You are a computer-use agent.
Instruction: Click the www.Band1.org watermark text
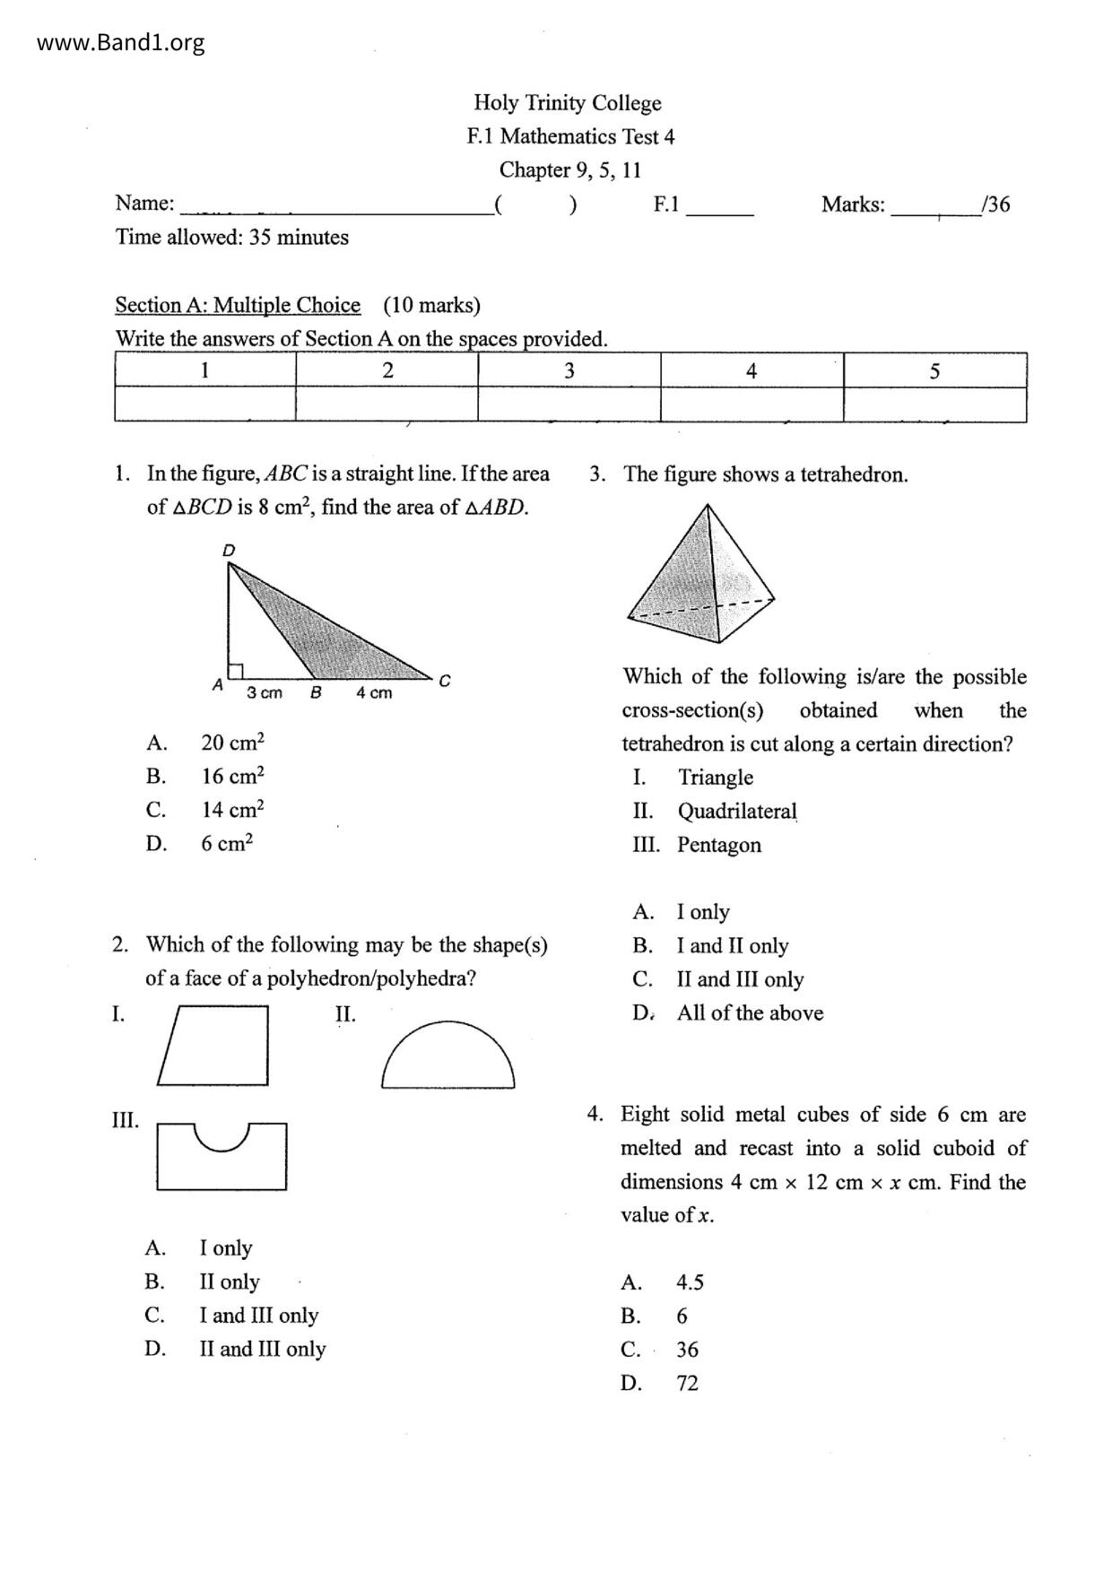coord(120,42)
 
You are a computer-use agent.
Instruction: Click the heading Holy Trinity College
coord(567,103)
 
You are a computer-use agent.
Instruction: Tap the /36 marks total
coord(996,204)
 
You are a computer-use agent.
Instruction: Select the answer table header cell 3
coord(569,370)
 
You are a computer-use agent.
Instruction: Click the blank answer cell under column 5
coord(934,404)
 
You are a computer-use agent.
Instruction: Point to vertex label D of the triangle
coord(229,550)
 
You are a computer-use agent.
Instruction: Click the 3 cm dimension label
coord(265,692)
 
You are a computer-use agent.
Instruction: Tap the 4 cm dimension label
coord(374,692)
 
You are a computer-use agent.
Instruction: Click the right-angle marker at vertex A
coord(236,670)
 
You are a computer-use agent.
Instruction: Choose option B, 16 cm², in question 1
coord(232,776)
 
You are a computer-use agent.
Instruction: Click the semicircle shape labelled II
coord(447,1057)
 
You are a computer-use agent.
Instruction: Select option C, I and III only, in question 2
coord(258,1316)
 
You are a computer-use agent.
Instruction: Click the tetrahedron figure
coord(701,576)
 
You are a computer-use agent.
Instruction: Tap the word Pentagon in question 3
coord(719,845)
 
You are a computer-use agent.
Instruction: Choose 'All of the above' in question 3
coord(750,1013)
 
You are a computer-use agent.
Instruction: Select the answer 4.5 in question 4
coord(690,1282)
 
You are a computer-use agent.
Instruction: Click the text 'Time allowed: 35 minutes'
coord(231,238)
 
